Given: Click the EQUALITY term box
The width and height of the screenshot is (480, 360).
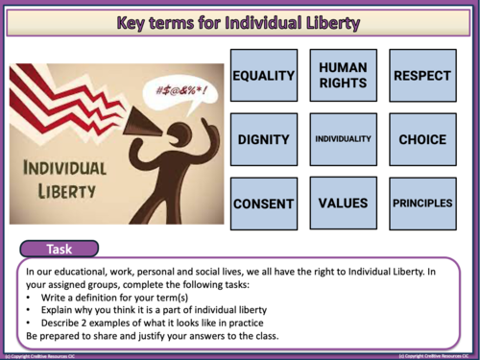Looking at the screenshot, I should pyautogui.click(x=263, y=75).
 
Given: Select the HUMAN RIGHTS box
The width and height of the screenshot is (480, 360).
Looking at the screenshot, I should pyautogui.click(x=344, y=75).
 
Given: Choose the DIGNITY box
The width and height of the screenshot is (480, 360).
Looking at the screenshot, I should pyautogui.click(x=263, y=139).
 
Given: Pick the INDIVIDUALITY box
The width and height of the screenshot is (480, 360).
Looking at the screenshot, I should pyautogui.click(x=344, y=139).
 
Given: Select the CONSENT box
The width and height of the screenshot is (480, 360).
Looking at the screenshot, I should pyautogui.click(x=263, y=204).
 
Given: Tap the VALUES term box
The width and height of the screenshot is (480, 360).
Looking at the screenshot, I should pyautogui.click(x=344, y=204).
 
